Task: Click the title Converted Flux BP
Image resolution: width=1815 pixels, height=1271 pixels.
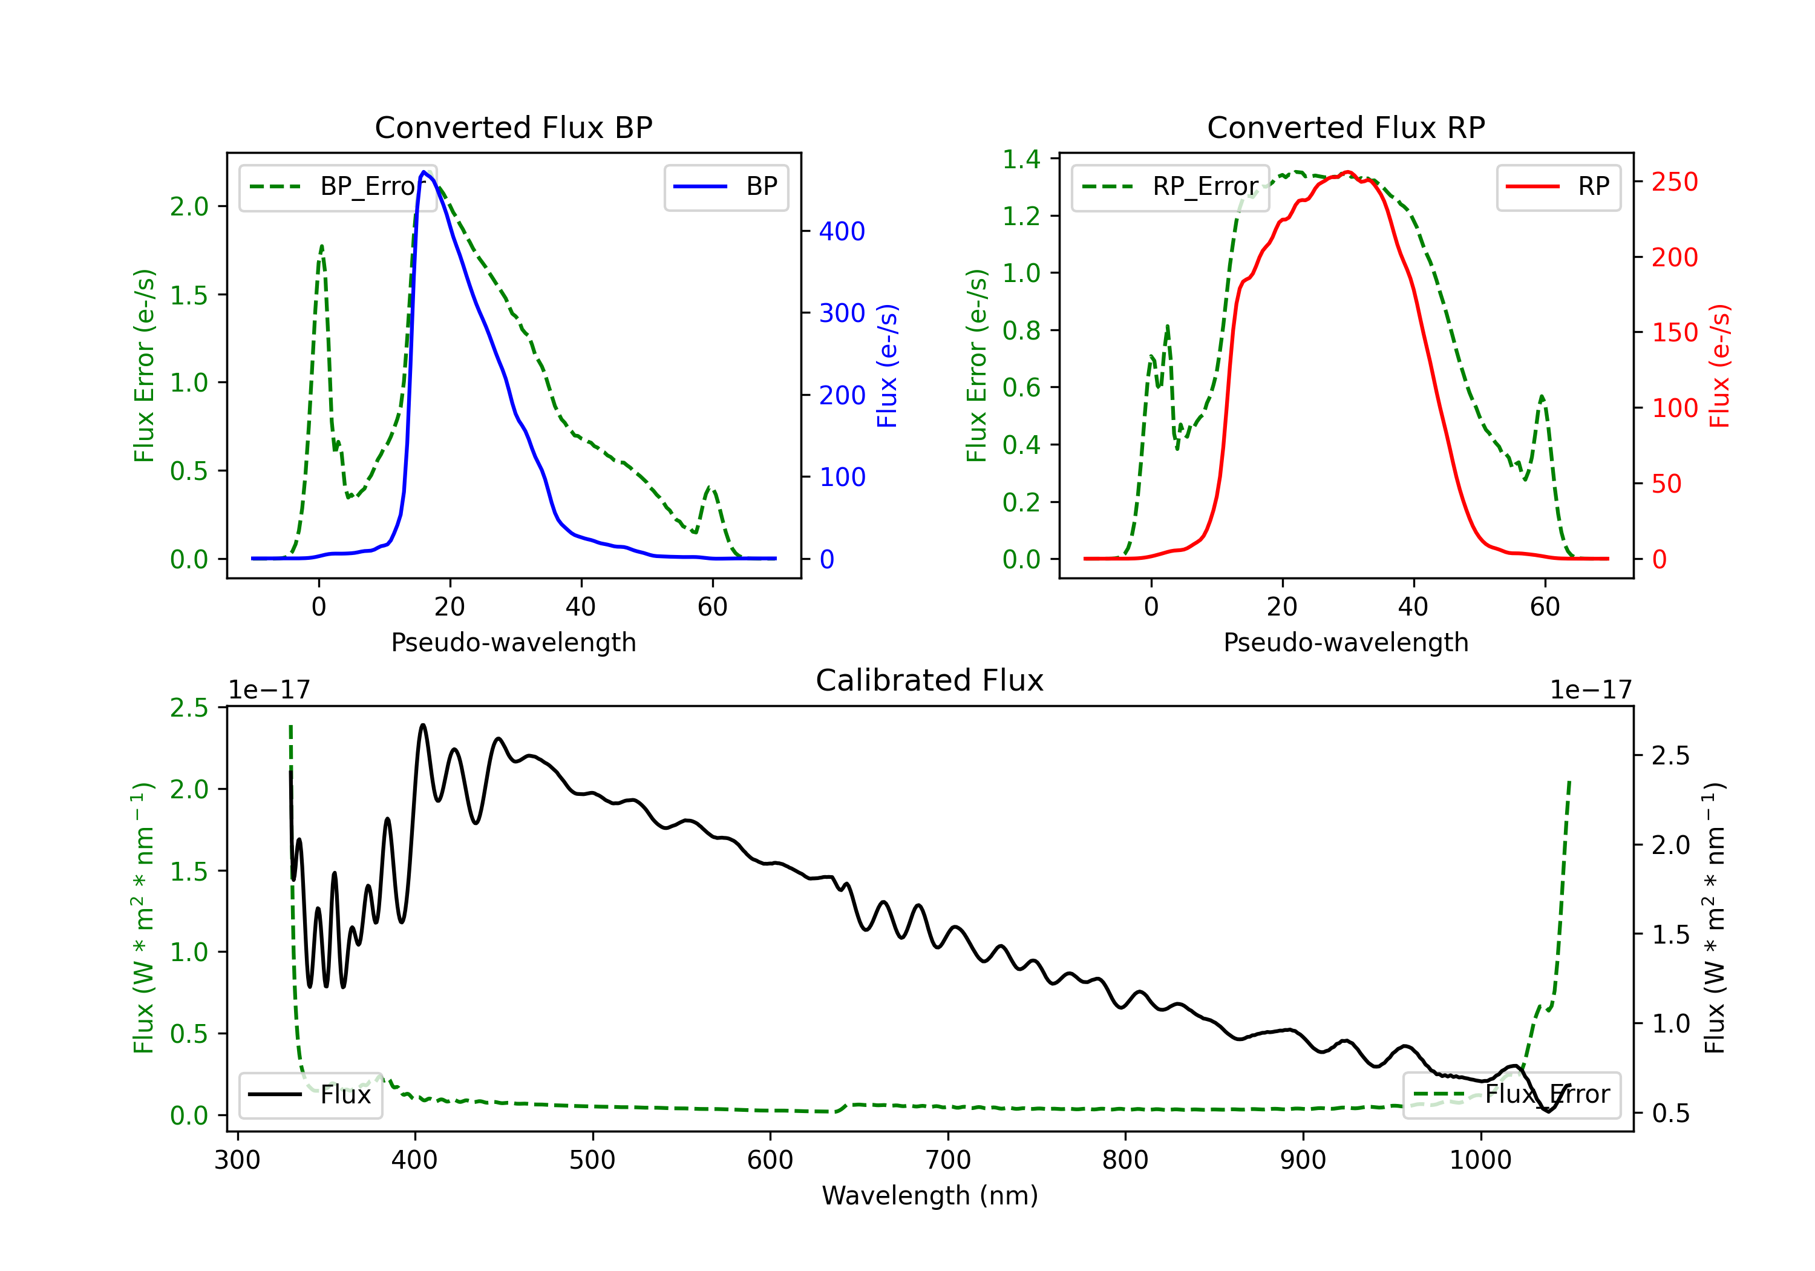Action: pyautogui.click(x=513, y=127)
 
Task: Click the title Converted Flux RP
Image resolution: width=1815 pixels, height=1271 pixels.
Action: pyautogui.click(x=1346, y=127)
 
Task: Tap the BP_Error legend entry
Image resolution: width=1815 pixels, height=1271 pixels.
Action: pyautogui.click(x=338, y=186)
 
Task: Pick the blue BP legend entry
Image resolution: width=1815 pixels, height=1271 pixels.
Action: pyautogui.click(x=725, y=186)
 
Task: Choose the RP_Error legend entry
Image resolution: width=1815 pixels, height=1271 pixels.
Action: pyautogui.click(x=1170, y=186)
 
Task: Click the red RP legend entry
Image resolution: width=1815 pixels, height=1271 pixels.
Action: pyautogui.click(x=1558, y=186)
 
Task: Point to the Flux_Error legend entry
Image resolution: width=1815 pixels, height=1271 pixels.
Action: pyautogui.click(x=1511, y=1095)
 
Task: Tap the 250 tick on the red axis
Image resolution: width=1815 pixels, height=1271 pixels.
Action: pyautogui.click(x=1674, y=182)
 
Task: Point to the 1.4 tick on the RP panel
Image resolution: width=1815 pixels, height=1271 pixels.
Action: pyautogui.click(x=1021, y=159)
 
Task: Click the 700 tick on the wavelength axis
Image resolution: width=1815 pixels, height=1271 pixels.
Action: pyautogui.click(x=948, y=1160)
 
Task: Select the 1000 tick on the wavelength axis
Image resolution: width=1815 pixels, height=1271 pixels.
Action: pyautogui.click(x=1480, y=1160)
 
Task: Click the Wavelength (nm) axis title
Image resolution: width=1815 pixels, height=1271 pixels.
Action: pyautogui.click(x=930, y=1195)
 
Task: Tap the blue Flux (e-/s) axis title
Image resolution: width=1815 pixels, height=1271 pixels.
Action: pyautogui.click(x=888, y=366)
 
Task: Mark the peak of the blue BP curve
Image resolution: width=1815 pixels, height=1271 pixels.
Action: pyautogui.click(x=423, y=172)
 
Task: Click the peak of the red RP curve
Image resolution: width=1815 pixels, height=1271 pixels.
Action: pyautogui.click(x=1347, y=172)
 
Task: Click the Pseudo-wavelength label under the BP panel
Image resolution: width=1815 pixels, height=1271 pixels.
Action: pyautogui.click(x=513, y=642)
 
